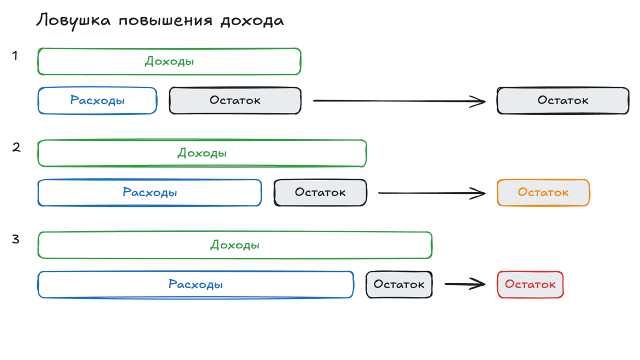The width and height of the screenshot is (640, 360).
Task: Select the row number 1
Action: click(15, 55)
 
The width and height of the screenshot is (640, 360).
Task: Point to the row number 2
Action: click(16, 147)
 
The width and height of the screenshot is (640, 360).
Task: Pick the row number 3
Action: click(15, 239)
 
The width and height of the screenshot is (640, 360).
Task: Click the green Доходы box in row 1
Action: click(169, 61)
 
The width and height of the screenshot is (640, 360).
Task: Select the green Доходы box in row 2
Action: click(202, 153)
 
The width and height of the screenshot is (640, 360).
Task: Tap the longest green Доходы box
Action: click(234, 245)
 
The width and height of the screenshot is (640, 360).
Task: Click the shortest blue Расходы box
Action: click(97, 100)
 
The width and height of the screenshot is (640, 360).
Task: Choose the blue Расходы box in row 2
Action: click(149, 192)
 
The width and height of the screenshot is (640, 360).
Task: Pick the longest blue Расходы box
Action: click(195, 284)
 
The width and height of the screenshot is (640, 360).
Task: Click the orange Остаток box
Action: click(543, 192)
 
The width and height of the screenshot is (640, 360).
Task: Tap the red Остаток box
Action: click(530, 284)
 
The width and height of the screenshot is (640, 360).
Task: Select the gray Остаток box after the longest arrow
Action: click(562, 100)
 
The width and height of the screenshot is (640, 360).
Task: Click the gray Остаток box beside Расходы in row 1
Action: click(235, 100)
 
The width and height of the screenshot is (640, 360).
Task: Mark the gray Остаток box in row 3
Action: click(399, 284)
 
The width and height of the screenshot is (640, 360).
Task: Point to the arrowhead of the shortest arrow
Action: click(481, 284)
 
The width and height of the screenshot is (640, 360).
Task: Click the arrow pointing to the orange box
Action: click(431, 192)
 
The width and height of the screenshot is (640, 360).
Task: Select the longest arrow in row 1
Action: click(398, 101)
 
